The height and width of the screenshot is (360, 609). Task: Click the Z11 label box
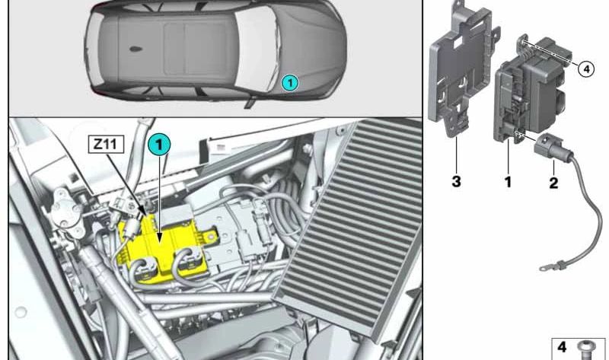point(106,144)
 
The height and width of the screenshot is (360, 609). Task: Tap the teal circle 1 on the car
point(290,83)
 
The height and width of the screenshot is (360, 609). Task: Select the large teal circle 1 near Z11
point(159,145)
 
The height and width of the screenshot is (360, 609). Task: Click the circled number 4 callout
point(586,69)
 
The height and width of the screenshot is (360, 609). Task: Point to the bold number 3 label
point(456,181)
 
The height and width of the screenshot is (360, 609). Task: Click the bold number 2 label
point(553,183)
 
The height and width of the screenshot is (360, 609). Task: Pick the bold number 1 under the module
point(508,181)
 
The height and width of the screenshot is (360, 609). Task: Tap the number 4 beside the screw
point(562,346)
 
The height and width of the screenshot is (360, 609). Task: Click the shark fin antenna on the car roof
point(136,49)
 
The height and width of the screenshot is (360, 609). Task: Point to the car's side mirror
point(249,104)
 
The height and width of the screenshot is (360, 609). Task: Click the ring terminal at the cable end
point(544,268)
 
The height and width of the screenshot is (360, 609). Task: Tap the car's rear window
point(91,49)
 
